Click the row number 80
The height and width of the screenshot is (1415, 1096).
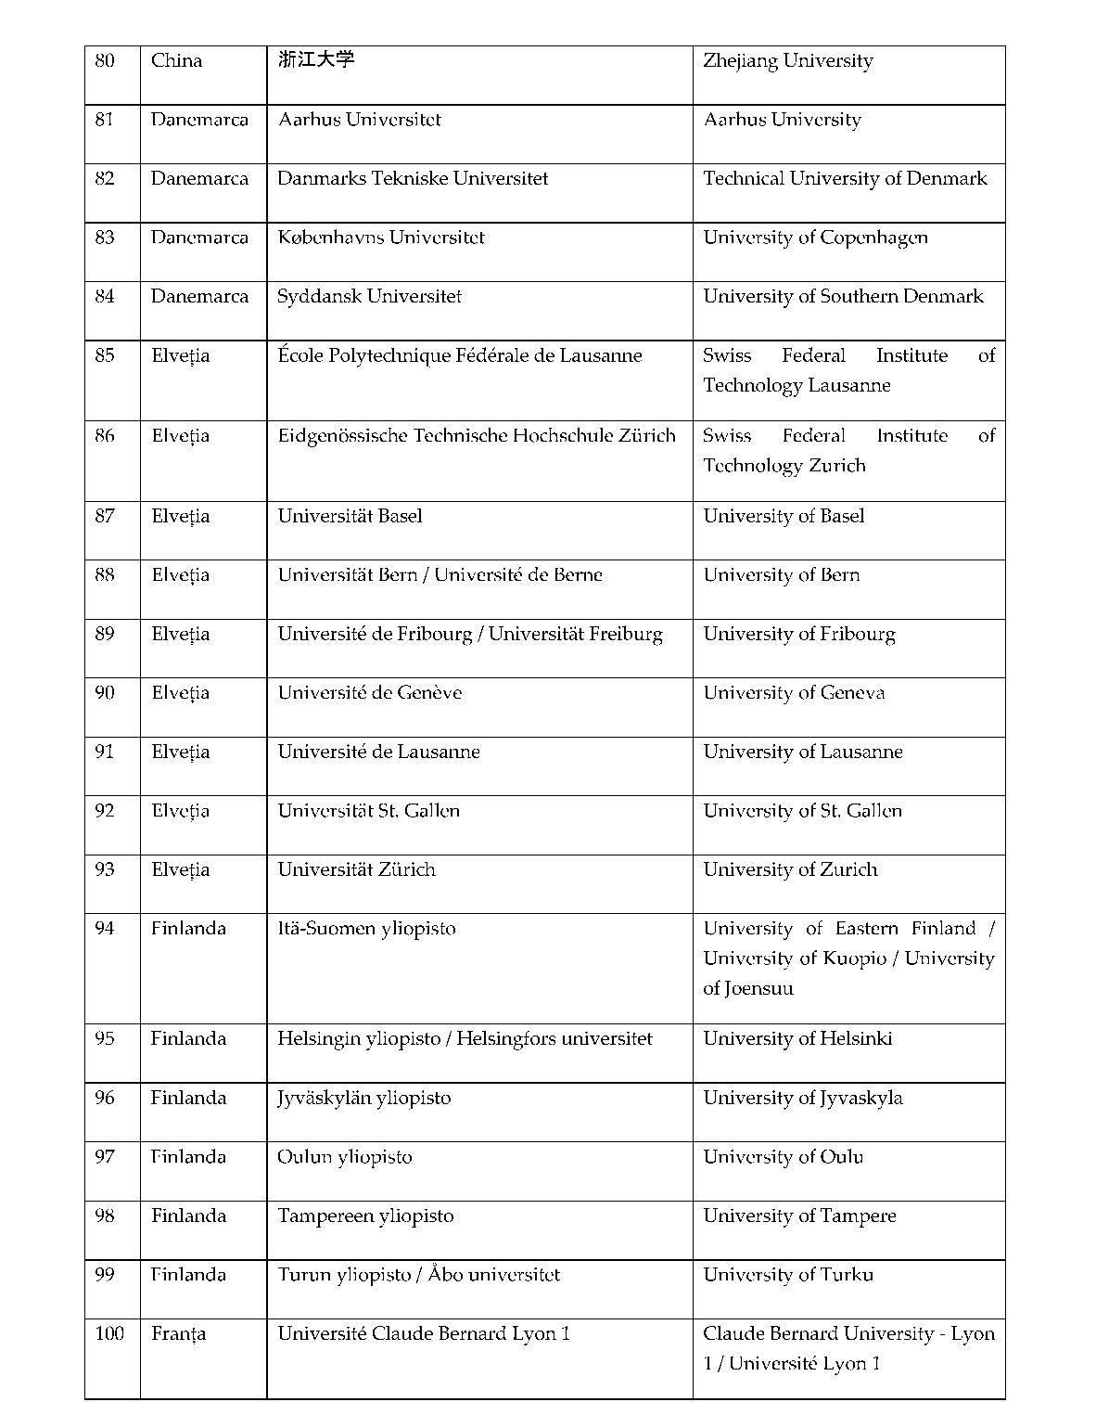coord(105,61)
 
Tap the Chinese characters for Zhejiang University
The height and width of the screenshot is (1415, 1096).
coord(316,60)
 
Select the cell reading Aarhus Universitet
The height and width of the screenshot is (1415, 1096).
coord(359,120)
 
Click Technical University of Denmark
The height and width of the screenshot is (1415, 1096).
coord(845,179)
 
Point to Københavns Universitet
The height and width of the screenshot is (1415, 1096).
coord(380,238)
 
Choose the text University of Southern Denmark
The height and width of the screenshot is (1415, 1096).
coord(843,297)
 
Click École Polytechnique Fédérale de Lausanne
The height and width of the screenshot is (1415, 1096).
coord(459,356)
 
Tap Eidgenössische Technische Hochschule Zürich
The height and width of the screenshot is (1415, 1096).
coord(476,436)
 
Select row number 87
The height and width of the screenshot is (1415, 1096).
coord(105,517)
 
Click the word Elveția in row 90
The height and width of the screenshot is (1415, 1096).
coord(180,693)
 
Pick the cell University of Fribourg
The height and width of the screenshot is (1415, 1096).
coord(798,635)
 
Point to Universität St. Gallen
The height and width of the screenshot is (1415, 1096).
coord(368,811)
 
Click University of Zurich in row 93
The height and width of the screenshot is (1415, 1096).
coord(790,870)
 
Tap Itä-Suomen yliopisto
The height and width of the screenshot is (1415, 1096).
coord(366,929)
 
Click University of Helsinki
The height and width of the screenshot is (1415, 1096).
coord(797,1039)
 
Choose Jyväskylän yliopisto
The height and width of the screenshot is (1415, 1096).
coord(363,1099)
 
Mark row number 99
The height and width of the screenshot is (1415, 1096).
coord(105,1275)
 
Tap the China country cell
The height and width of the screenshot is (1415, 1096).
coord(176,61)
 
